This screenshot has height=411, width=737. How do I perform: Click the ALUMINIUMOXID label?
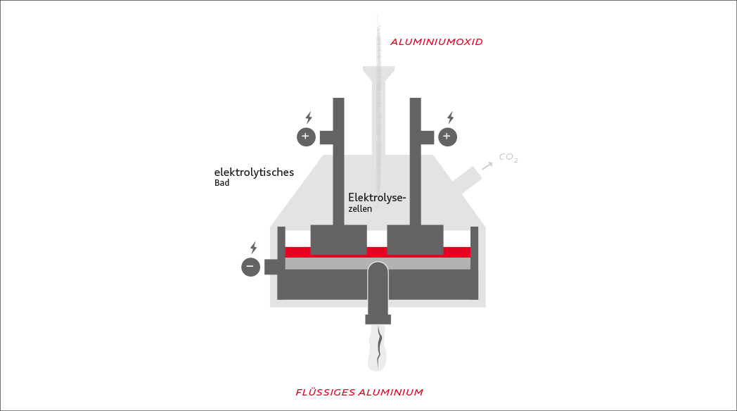437,42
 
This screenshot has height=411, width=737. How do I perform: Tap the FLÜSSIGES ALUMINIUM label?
359,392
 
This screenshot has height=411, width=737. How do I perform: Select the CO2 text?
508,158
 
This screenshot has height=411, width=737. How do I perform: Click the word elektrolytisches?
254,172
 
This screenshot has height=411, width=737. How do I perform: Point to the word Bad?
222,183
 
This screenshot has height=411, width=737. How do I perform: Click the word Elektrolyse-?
377,198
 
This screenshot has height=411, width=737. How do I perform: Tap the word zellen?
360,209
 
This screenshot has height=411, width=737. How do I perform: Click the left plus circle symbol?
306,137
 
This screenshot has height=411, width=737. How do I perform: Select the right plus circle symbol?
448,137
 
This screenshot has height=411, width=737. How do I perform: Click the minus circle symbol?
250,267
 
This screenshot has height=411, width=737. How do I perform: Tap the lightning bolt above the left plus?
308,118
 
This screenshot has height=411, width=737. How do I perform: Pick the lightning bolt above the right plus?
450,118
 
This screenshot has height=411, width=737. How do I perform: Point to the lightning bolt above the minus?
253,248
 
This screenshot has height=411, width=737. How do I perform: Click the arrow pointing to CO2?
487,166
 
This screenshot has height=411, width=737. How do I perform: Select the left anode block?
338,239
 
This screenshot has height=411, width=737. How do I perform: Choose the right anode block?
415,239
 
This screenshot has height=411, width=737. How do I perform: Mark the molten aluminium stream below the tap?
379,348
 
